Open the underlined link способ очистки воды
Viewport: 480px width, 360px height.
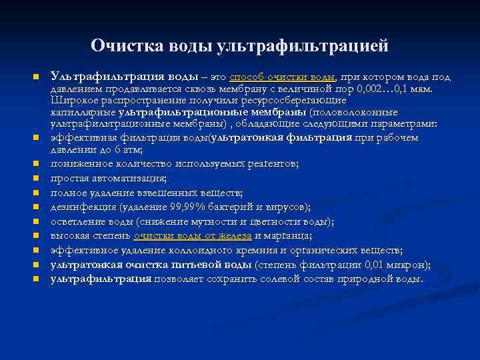pos(283,77)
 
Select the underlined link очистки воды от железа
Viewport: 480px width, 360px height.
pos(192,235)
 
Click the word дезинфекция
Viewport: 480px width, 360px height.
pos(80,207)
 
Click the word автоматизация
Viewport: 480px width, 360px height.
pos(129,179)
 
